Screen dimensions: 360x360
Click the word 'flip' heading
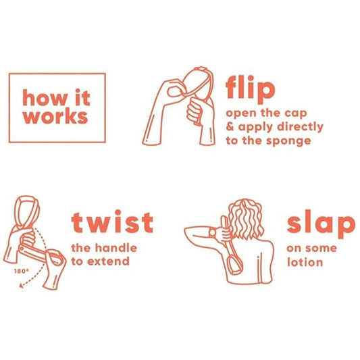click(x=251, y=89)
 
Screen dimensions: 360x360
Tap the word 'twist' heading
click(x=112, y=222)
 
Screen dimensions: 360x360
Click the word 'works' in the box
click(x=55, y=117)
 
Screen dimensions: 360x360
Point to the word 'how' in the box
click(x=45, y=97)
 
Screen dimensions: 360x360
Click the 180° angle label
click(x=22, y=271)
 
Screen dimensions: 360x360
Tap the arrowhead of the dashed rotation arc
click(x=22, y=286)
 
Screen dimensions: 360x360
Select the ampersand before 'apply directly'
click(x=230, y=126)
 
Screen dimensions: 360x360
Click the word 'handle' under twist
click(x=116, y=248)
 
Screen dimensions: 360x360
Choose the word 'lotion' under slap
click(x=305, y=262)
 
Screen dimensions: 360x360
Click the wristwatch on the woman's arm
click(x=213, y=233)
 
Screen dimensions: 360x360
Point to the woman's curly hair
click(x=246, y=218)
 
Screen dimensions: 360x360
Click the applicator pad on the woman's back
click(x=235, y=265)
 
